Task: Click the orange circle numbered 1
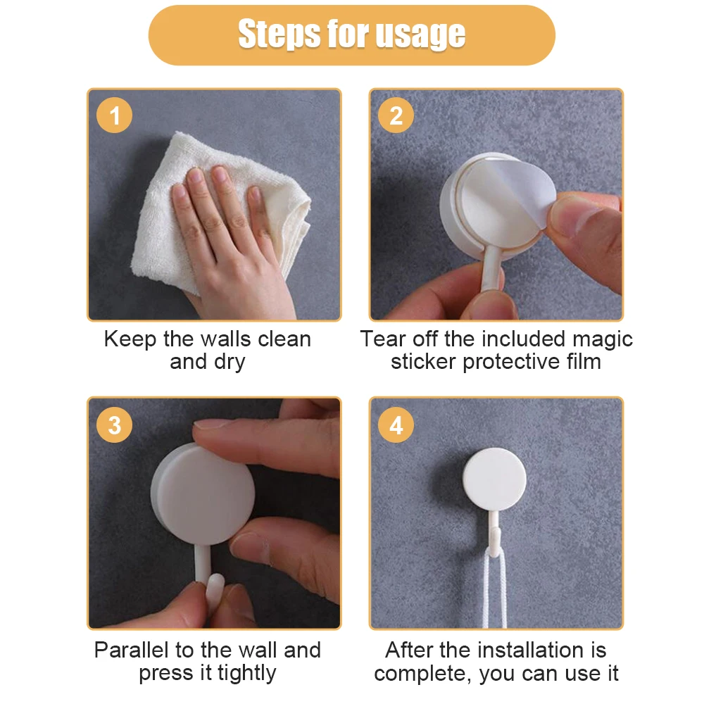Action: click(115, 115)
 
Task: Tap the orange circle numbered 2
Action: click(396, 115)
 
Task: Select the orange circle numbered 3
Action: click(115, 425)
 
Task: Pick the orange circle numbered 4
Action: click(396, 425)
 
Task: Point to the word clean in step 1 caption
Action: click(284, 339)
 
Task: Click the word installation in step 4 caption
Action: click(512, 650)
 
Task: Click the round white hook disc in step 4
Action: click(494, 479)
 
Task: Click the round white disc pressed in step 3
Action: click(203, 494)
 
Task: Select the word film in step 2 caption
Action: click(584, 361)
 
